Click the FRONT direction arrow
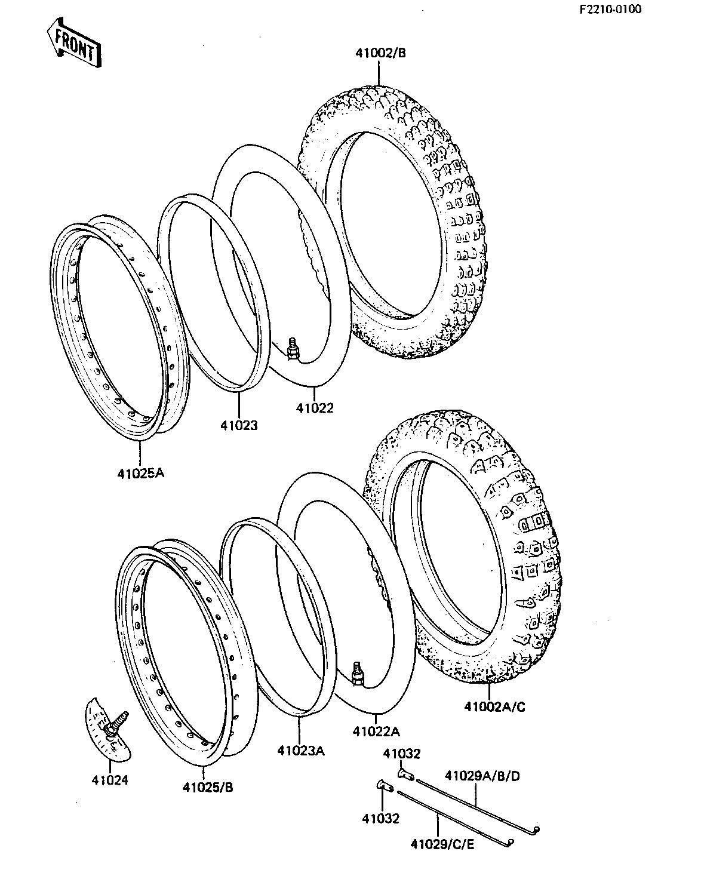(x=74, y=42)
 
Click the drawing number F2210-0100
(x=610, y=9)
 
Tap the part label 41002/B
(x=381, y=53)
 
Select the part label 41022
(x=315, y=408)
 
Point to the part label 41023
(x=239, y=425)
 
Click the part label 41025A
(x=140, y=474)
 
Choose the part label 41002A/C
(x=494, y=707)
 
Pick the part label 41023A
(x=301, y=751)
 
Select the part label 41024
(x=110, y=780)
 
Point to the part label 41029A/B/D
(x=482, y=776)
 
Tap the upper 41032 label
(x=402, y=753)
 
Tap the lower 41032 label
(x=380, y=819)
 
